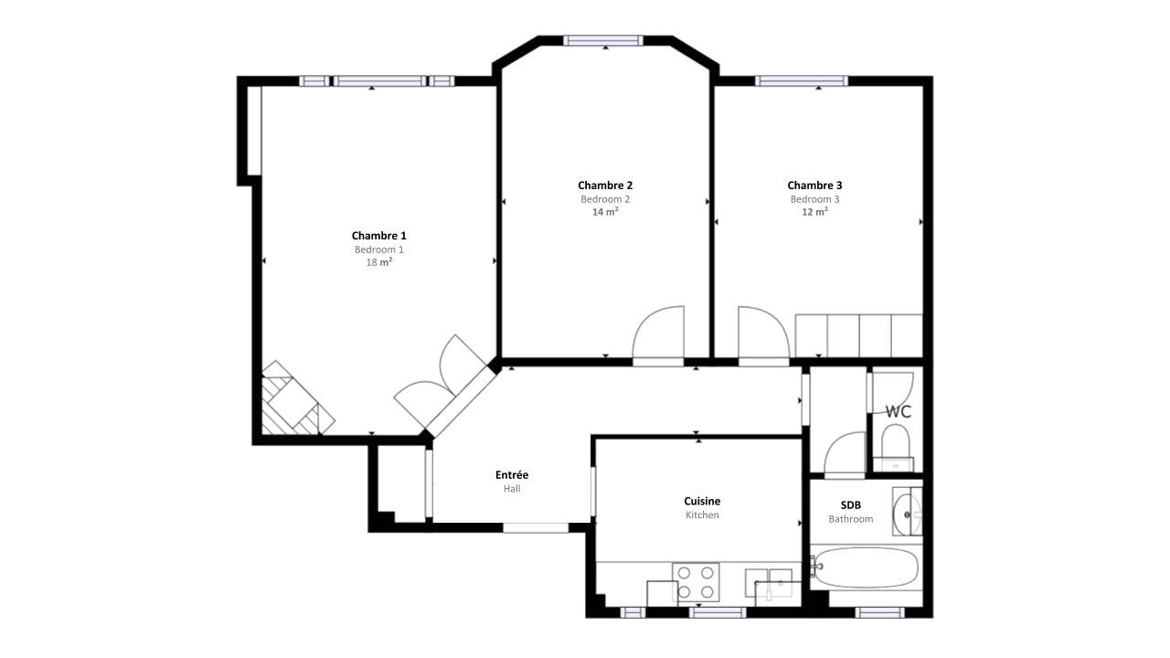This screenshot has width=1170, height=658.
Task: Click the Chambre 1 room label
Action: (x=378, y=236)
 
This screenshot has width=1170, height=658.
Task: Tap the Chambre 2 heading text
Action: (x=605, y=186)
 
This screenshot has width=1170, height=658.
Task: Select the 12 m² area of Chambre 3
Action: (x=814, y=211)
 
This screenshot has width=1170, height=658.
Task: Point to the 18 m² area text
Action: (x=378, y=262)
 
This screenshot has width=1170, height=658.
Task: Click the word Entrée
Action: (x=512, y=475)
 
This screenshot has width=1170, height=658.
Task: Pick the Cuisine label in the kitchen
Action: (x=702, y=502)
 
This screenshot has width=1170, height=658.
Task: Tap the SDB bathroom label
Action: (x=850, y=505)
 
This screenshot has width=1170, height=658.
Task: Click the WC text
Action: (x=899, y=412)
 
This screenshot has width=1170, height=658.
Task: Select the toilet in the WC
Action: (x=895, y=448)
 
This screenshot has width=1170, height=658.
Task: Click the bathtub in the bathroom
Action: (x=866, y=568)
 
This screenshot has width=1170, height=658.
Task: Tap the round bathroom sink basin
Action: (x=908, y=515)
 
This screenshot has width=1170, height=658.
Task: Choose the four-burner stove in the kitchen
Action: (x=696, y=582)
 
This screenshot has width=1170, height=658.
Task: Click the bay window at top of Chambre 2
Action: (x=603, y=41)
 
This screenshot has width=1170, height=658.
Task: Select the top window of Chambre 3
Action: (x=802, y=81)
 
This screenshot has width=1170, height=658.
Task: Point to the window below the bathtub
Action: (x=879, y=612)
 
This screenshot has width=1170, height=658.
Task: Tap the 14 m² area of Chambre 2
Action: (x=605, y=211)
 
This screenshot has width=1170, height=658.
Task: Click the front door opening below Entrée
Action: (x=536, y=528)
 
